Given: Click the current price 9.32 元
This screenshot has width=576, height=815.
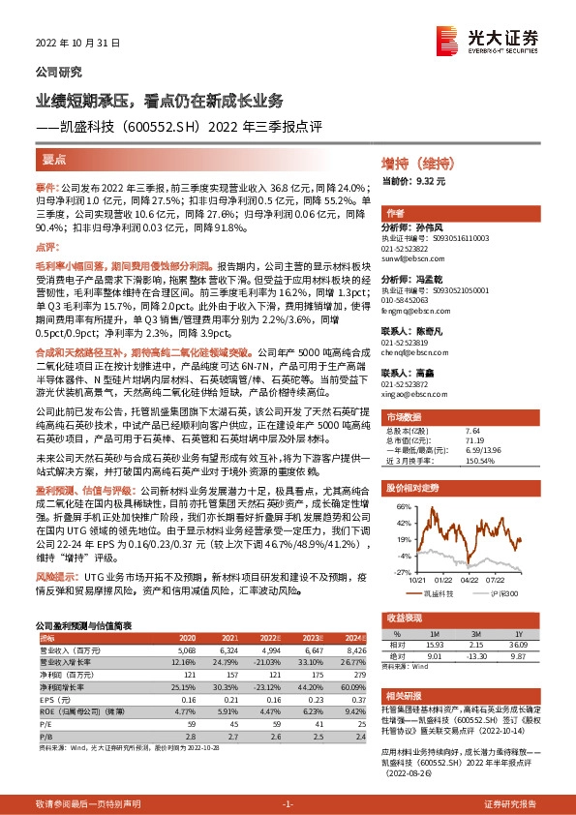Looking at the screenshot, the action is click(x=431, y=181).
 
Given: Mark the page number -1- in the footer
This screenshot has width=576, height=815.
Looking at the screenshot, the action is click(x=288, y=803).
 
